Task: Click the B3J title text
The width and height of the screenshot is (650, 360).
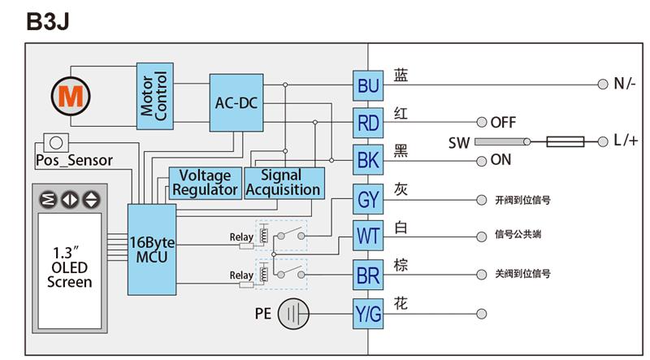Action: pyautogui.click(x=48, y=22)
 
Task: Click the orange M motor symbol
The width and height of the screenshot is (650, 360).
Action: pyautogui.click(x=69, y=97)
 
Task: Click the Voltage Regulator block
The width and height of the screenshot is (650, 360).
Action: pyautogui.click(x=205, y=183)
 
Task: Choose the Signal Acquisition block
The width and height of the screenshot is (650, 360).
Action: pyautogui.click(x=283, y=183)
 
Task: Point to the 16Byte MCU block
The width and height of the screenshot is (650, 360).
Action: pyautogui.click(x=152, y=249)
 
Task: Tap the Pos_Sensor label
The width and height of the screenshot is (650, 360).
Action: pyautogui.click(x=74, y=160)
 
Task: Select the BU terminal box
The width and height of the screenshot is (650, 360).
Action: pyautogui.click(x=368, y=85)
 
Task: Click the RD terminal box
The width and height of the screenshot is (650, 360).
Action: pyautogui.click(x=368, y=123)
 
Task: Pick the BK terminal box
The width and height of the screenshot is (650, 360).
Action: pyautogui.click(x=368, y=160)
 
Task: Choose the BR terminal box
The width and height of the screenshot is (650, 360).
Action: pyautogui.click(x=368, y=275)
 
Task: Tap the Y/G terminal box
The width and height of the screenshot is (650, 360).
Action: pyautogui.click(x=368, y=313)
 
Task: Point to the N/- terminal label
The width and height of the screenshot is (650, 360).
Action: pyautogui.click(x=625, y=84)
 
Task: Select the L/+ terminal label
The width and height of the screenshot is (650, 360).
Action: pyautogui.click(x=626, y=141)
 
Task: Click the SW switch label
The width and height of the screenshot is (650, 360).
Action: pyautogui.click(x=459, y=142)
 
